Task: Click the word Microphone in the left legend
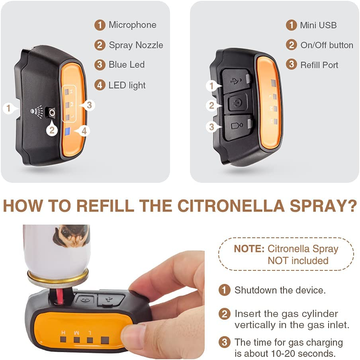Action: [132, 25]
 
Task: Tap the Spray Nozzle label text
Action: [136, 45]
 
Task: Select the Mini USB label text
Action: [318, 25]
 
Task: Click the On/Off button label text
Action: [327, 45]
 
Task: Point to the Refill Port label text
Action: [319, 65]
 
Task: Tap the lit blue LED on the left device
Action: [68, 131]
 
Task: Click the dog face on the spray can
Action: [72, 235]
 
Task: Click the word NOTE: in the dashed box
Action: [249, 249]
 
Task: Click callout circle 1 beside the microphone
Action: [8, 108]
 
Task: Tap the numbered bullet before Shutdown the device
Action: [225, 290]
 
